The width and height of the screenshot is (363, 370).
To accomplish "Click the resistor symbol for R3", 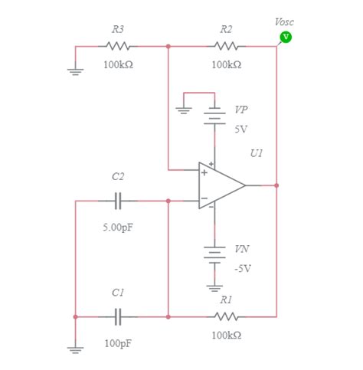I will point(118,46).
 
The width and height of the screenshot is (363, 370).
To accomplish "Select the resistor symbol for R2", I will point(226,46).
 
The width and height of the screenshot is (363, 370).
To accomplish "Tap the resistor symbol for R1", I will point(226,316).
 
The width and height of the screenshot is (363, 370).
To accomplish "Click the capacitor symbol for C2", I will point(118,201).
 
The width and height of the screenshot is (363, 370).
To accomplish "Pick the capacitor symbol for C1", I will point(118,316).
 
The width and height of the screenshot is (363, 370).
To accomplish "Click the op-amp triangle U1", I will point(219,185).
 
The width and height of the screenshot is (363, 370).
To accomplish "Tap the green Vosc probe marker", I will point(286,36).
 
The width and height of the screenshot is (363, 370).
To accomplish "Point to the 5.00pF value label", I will point(118,228).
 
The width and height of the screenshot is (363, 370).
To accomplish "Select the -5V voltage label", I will point(243,268).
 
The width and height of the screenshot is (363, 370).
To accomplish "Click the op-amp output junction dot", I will point(276,185).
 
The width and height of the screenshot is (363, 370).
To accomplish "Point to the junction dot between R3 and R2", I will point(168,46).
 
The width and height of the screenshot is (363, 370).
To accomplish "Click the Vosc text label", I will point(283,22).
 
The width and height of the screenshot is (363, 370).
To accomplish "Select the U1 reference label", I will point(256,154).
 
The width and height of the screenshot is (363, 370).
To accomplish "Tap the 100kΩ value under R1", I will point(226,336).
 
